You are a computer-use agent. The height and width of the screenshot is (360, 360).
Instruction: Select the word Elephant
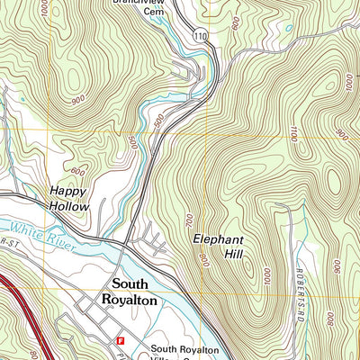[x=219, y=240]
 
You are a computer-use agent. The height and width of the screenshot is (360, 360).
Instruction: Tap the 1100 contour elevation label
[x=293, y=132]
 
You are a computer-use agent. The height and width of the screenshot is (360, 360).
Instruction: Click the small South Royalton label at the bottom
[x=184, y=349]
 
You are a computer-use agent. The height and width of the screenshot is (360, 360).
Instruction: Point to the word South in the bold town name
[x=132, y=283]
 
